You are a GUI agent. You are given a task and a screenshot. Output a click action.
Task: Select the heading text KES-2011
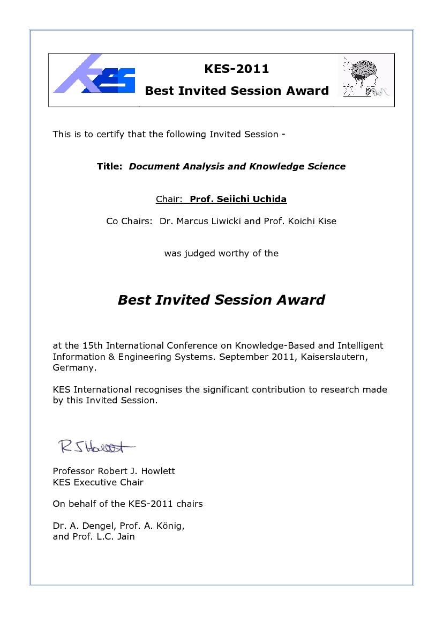point(237,69)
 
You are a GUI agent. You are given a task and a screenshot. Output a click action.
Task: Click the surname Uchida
point(269,199)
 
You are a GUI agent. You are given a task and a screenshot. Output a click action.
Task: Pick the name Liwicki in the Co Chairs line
point(220,221)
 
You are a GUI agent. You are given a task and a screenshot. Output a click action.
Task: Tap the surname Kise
point(326,221)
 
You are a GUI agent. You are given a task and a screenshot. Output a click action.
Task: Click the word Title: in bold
point(110,166)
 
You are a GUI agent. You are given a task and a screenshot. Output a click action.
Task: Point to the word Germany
point(74,368)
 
